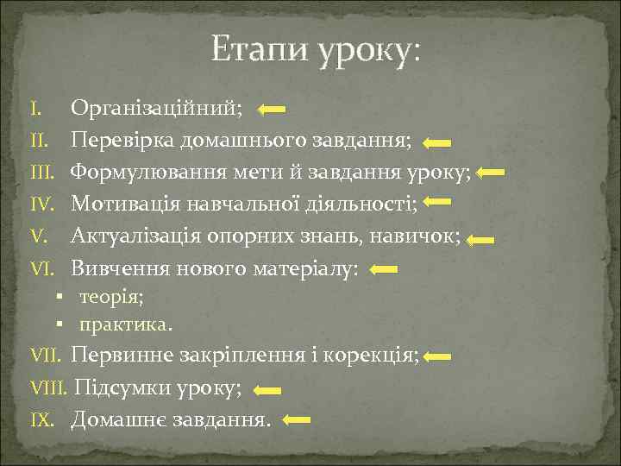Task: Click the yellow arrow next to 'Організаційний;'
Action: pos(272,110)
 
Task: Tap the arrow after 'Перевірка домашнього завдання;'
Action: pos(437,142)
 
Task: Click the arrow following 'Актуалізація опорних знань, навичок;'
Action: pos(480,240)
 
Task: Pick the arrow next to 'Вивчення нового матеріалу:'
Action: pos(383,270)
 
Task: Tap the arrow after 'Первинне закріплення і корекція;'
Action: pos(438,356)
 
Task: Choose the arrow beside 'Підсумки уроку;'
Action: pos(268,390)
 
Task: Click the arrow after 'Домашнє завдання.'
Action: pos(298,421)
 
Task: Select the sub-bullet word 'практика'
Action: pos(123,325)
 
